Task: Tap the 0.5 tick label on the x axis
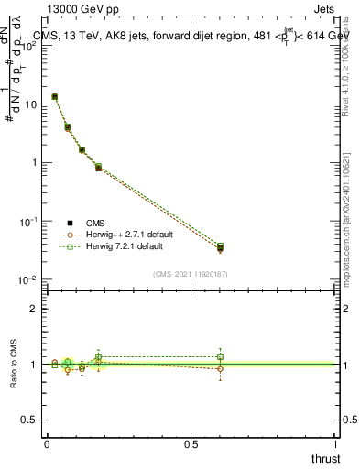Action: (191, 442)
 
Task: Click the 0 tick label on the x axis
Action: (47, 442)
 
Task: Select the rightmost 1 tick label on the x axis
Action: (335, 442)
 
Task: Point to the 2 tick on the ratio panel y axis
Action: (33, 309)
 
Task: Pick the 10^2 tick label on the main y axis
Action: (27, 46)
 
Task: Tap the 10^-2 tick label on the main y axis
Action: (27, 280)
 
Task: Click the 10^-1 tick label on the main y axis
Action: (27, 222)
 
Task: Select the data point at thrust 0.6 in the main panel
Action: (220, 247)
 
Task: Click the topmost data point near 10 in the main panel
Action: (55, 96)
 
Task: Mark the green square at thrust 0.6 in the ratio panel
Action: (220, 356)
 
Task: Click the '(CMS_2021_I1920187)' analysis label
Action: (190, 274)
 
